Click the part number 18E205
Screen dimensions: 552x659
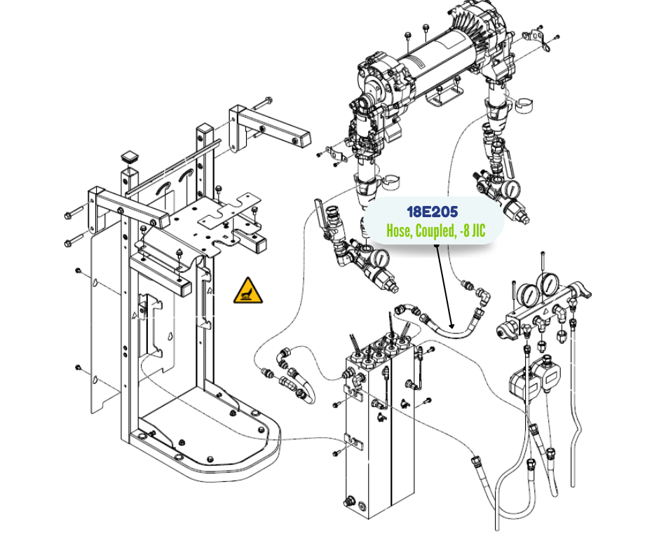(x=432, y=212)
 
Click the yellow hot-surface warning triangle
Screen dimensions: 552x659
(x=248, y=291)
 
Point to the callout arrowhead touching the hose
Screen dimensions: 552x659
(x=452, y=326)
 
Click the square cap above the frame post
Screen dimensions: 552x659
(x=130, y=156)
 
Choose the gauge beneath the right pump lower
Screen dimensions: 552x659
(x=512, y=190)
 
